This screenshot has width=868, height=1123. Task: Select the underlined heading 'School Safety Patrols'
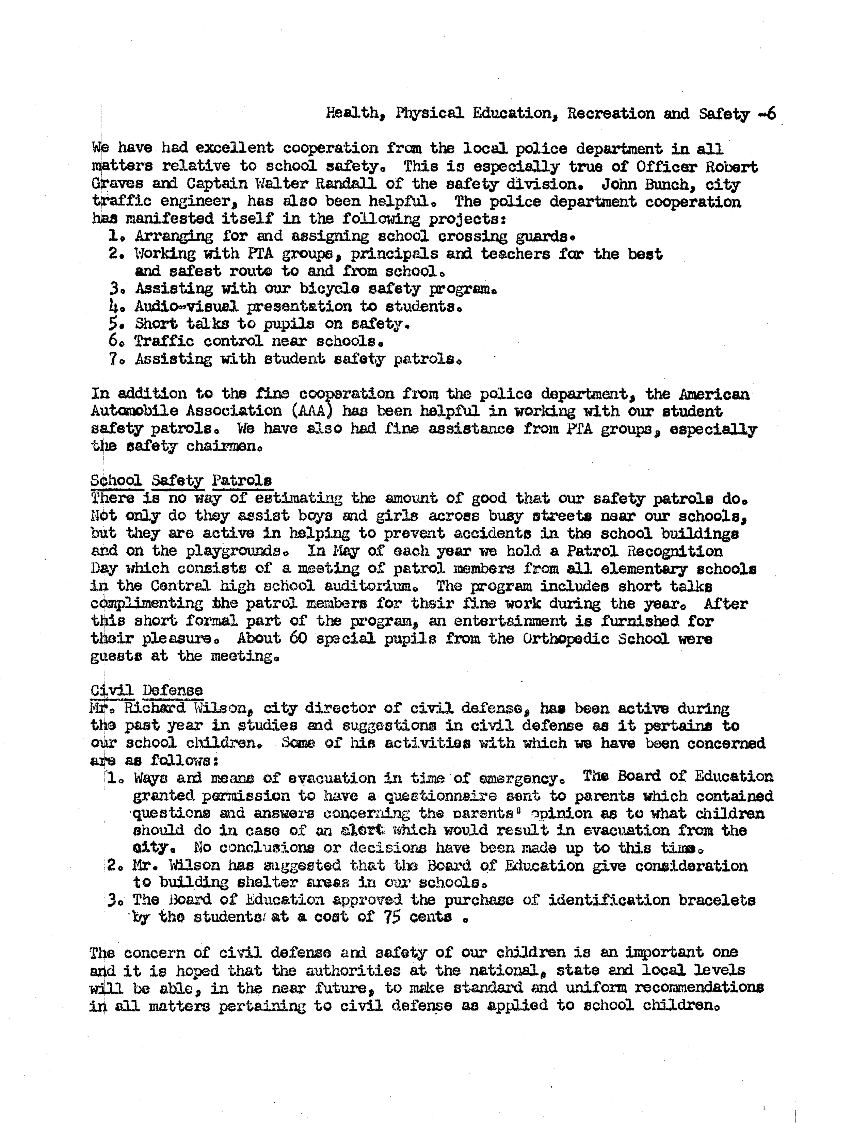(181, 480)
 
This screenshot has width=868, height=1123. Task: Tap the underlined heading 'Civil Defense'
(147, 690)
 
